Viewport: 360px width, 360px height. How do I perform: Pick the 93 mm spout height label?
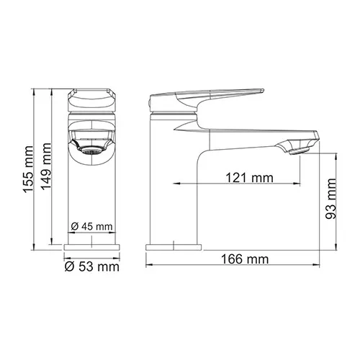click(332, 199)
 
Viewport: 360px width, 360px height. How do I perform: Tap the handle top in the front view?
click(91, 95)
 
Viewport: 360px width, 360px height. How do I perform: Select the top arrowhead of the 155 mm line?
click(33, 91)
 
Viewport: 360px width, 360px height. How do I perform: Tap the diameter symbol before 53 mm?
click(68, 268)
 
